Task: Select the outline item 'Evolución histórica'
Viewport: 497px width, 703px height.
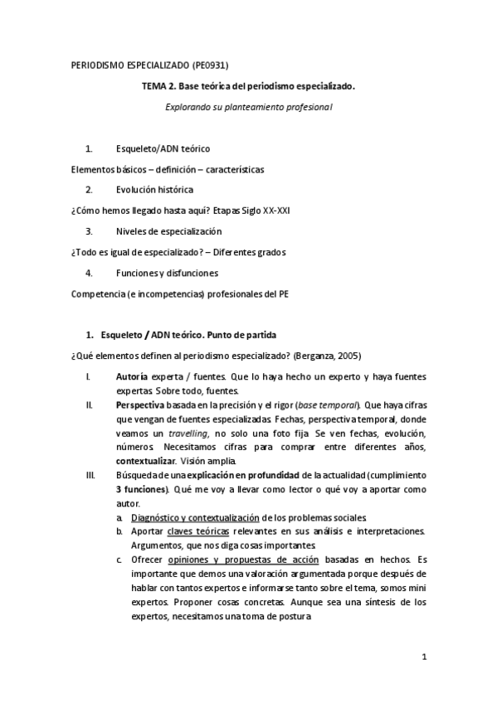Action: coord(157,189)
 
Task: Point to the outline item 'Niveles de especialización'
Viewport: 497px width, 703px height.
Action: coord(168,230)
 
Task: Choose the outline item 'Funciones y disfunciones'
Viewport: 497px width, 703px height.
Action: coord(167,272)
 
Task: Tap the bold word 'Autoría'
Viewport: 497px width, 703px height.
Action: coord(132,376)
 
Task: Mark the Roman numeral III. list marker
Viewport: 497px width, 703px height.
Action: coord(91,475)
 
